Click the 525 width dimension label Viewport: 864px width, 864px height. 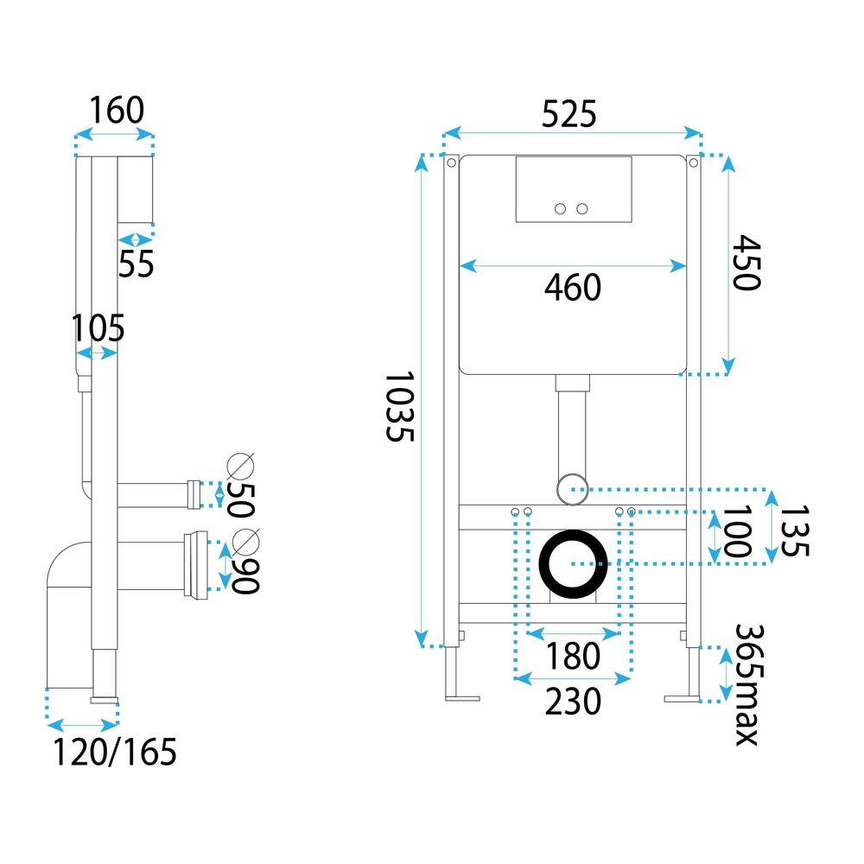point(569,114)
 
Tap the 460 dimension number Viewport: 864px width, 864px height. point(572,288)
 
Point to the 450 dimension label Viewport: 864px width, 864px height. point(744,264)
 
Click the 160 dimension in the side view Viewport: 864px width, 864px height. point(115,111)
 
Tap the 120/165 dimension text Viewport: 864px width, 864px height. point(115,753)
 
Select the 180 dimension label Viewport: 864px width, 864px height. point(572,657)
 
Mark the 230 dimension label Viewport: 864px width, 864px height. point(572,702)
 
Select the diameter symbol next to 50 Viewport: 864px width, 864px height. point(241,466)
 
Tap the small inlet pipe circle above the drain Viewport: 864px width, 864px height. point(571,488)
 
